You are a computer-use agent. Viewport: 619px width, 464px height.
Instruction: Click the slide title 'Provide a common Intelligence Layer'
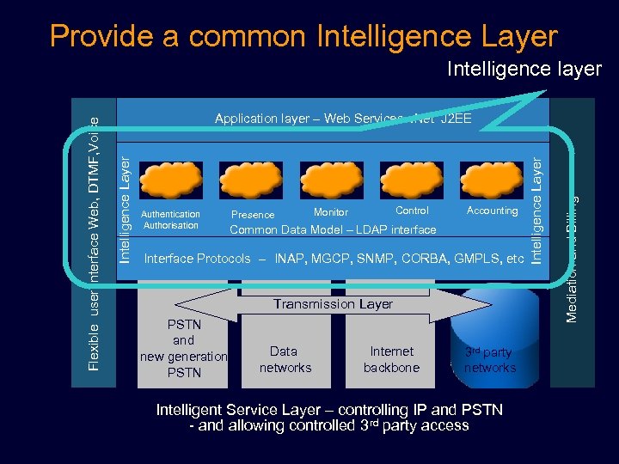click(x=303, y=37)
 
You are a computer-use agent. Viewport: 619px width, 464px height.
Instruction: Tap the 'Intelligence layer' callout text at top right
click(x=524, y=70)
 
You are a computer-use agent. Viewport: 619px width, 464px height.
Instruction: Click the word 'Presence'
click(x=254, y=215)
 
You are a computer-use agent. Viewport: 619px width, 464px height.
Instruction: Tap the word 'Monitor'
click(x=331, y=211)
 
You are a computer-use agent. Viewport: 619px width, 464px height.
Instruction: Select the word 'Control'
click(x=412, y=211)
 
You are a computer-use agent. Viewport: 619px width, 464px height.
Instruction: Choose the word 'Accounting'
click(x=492, y=211)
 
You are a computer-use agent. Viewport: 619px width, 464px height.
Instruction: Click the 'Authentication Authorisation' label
click(x=170, y=220)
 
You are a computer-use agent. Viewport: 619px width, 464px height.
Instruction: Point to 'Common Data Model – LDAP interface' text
click(x=333, y=229)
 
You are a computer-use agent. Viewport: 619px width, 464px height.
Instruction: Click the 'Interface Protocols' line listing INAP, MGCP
click(x=334, y=259)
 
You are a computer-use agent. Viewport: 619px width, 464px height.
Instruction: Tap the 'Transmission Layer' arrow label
click(x=333, y=303)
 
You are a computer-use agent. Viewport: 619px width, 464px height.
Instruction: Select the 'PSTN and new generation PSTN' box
click(x=184, y=349)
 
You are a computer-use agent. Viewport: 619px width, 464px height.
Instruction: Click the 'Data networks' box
click(x=285, y=359)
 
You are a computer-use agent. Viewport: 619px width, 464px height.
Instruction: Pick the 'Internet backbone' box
click(x=391, y=359)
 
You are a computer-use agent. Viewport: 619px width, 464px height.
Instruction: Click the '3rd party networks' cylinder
click(x=490, y=359)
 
